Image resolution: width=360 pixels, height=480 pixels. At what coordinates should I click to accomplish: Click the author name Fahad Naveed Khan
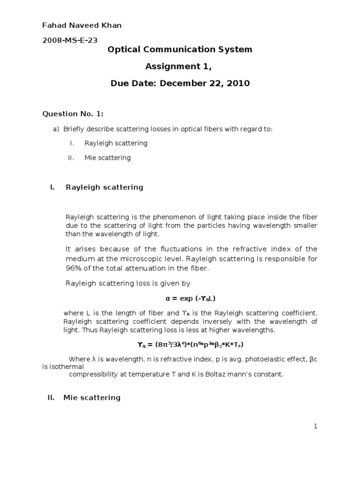click(x=82, y=25)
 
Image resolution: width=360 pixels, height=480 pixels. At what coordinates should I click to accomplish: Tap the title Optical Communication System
click(x=180, y=49)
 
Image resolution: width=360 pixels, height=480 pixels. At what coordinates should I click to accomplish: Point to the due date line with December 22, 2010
click(x=180, y=83)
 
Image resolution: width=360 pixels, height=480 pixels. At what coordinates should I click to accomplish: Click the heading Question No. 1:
click(x=73, y=113)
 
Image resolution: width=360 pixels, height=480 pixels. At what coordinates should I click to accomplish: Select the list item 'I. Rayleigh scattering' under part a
click(x=116, y=143)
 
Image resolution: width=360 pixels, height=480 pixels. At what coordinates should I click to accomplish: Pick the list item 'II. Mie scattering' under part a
click(x=107, y=158)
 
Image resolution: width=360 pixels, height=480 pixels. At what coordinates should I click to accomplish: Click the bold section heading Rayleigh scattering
click(x=105, y=187)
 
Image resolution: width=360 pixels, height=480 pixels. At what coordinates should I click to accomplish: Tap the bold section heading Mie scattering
click(x=92, y=397)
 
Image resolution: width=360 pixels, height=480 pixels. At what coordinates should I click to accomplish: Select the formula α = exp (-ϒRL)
click(x=190, y=298)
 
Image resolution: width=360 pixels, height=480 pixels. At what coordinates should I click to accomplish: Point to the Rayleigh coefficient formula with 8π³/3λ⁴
click(x=190, y=345)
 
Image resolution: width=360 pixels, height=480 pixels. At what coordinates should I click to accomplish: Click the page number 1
click(x=316, y=426)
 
